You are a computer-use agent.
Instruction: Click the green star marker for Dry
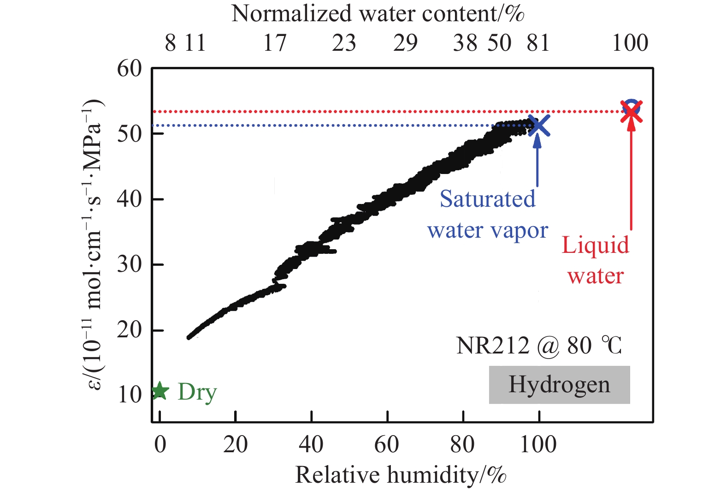159,391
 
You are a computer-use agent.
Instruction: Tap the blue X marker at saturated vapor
538,126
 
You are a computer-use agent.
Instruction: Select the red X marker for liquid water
631,112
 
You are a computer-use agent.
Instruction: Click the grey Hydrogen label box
559,385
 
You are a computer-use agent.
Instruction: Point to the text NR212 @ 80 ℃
539,346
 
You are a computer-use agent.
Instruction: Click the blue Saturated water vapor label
488,215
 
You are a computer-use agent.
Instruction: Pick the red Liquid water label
595,260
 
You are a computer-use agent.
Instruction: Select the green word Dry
197,392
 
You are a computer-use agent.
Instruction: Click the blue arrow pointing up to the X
537,162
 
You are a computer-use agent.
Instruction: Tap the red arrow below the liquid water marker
631,175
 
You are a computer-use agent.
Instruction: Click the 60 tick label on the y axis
129,69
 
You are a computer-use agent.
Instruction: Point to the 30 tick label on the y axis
129,264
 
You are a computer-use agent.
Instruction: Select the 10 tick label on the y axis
129,395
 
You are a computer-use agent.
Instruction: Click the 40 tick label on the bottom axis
311,444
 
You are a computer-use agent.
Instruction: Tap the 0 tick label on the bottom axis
160,444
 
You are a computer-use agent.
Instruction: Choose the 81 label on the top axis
538,43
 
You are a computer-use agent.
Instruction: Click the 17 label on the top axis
275,43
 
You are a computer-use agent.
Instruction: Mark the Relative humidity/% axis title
401,475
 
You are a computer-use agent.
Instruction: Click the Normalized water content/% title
378,13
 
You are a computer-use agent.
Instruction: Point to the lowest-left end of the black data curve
189,337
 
